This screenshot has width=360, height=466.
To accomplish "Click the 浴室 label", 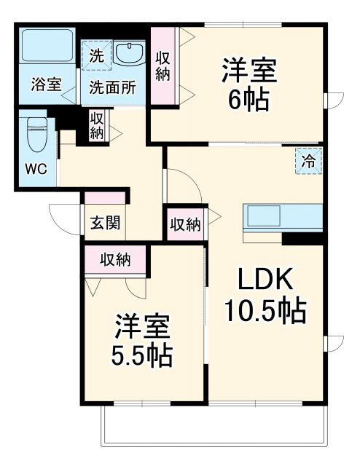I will click(x=45, y=84).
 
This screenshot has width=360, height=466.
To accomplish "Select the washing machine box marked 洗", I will click(x=96, y=53).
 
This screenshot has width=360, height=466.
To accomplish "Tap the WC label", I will click(x=36, y=169).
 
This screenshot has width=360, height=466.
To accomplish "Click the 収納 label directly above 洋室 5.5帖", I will click(x=114, y=258).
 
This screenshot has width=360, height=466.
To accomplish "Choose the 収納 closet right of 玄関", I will click(x=185, y=224).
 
